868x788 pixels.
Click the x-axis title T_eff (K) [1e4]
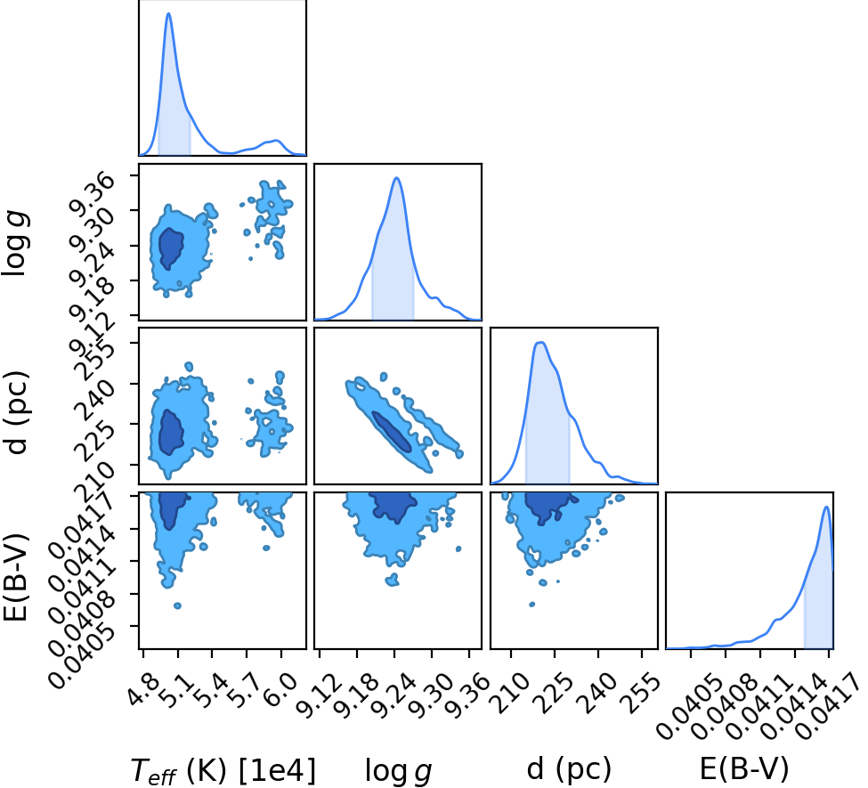pyautogui.click(x=223, y=770)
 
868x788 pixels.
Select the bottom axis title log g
pyautogui.click(x=398, y=770)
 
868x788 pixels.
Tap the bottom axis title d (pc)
pyautogui.click(x=569, y=769)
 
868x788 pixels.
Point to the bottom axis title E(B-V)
pyautogui.click(x=744, y=769)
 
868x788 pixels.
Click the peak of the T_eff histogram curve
pyautogui.click(x=169, y=13)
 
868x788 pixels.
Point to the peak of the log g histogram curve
pyautogui.click(x=396, y=178)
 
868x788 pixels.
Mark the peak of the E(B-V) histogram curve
pyautogui.click(x=826, y=507)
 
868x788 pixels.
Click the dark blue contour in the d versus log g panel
pyautogui.click(x=392, y=432)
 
